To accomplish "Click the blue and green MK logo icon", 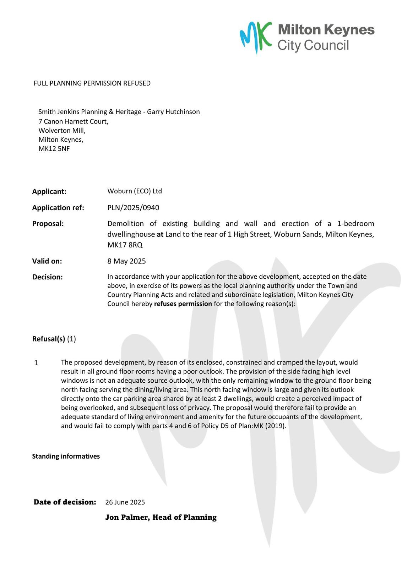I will (x=256, y=37).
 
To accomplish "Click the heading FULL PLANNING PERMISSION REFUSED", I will (x=92, y=83).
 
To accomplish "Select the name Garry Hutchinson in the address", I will (x=173, y=112).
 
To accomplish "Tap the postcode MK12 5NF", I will (x=54, y=149).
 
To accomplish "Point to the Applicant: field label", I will (x=49, y=192).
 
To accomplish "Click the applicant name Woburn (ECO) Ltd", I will (x=135, y=191).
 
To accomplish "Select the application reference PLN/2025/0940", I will (x=133, y=208).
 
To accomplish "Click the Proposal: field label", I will (x=48, y=224).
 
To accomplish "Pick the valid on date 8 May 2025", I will (x=126, y=261).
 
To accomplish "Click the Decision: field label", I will (x=47, y=277).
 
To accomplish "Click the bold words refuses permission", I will (x=183, y=304).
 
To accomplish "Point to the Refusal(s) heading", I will (x=49, y=339).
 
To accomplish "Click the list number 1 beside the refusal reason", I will (x=36, y=363).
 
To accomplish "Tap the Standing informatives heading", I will (x=66, y=456).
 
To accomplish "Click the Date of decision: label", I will (x=65, y=502).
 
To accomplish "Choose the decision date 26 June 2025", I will (x=125, y=502).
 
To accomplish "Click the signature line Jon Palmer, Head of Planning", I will (x=161, y=517).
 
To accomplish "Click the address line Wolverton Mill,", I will (x=62, y=131).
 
